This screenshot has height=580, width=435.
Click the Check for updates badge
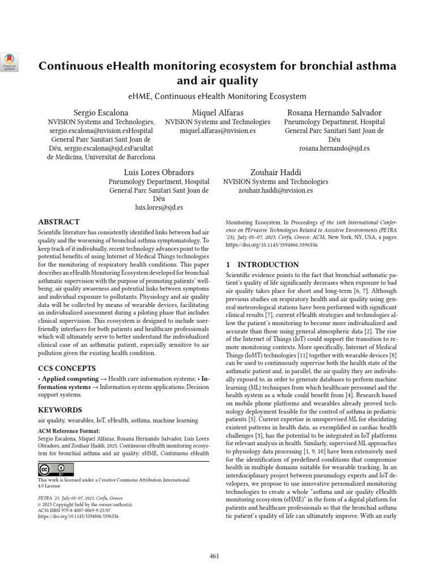(x=11, y=62)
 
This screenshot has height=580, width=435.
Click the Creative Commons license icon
(x=56, y=470)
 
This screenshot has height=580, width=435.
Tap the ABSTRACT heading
(x=59, y=222)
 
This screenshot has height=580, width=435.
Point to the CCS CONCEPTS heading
(x=66, y=368)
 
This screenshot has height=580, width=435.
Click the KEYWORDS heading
(x=59, y=410)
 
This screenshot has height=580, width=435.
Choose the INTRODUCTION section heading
(x=262, y=265)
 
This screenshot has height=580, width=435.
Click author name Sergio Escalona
(x=101, y=112)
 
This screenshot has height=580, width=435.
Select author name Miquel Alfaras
(x=217, y=112)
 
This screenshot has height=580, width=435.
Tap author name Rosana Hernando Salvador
(x=334, y=112)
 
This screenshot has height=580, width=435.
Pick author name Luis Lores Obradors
(x=159, y=172)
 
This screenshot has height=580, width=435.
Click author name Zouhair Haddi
(x=276, y=172)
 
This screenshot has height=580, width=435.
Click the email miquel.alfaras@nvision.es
(x=217, y=131)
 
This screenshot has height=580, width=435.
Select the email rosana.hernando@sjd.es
(x=334, y=148)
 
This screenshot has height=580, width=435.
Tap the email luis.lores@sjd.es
(x=159, y=208)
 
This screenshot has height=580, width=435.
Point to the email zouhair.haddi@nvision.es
(x=276, y=191)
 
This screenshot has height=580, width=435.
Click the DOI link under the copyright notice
(x=78, y=517)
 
